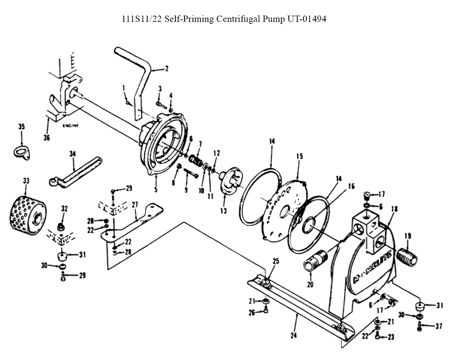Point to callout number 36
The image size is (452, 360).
47,137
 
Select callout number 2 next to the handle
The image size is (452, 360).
166,69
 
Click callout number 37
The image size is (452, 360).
438,326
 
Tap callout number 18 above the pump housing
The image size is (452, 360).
394,209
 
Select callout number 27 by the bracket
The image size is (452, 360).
135,205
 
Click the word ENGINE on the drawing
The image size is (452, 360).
71,126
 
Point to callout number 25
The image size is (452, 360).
276,261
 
